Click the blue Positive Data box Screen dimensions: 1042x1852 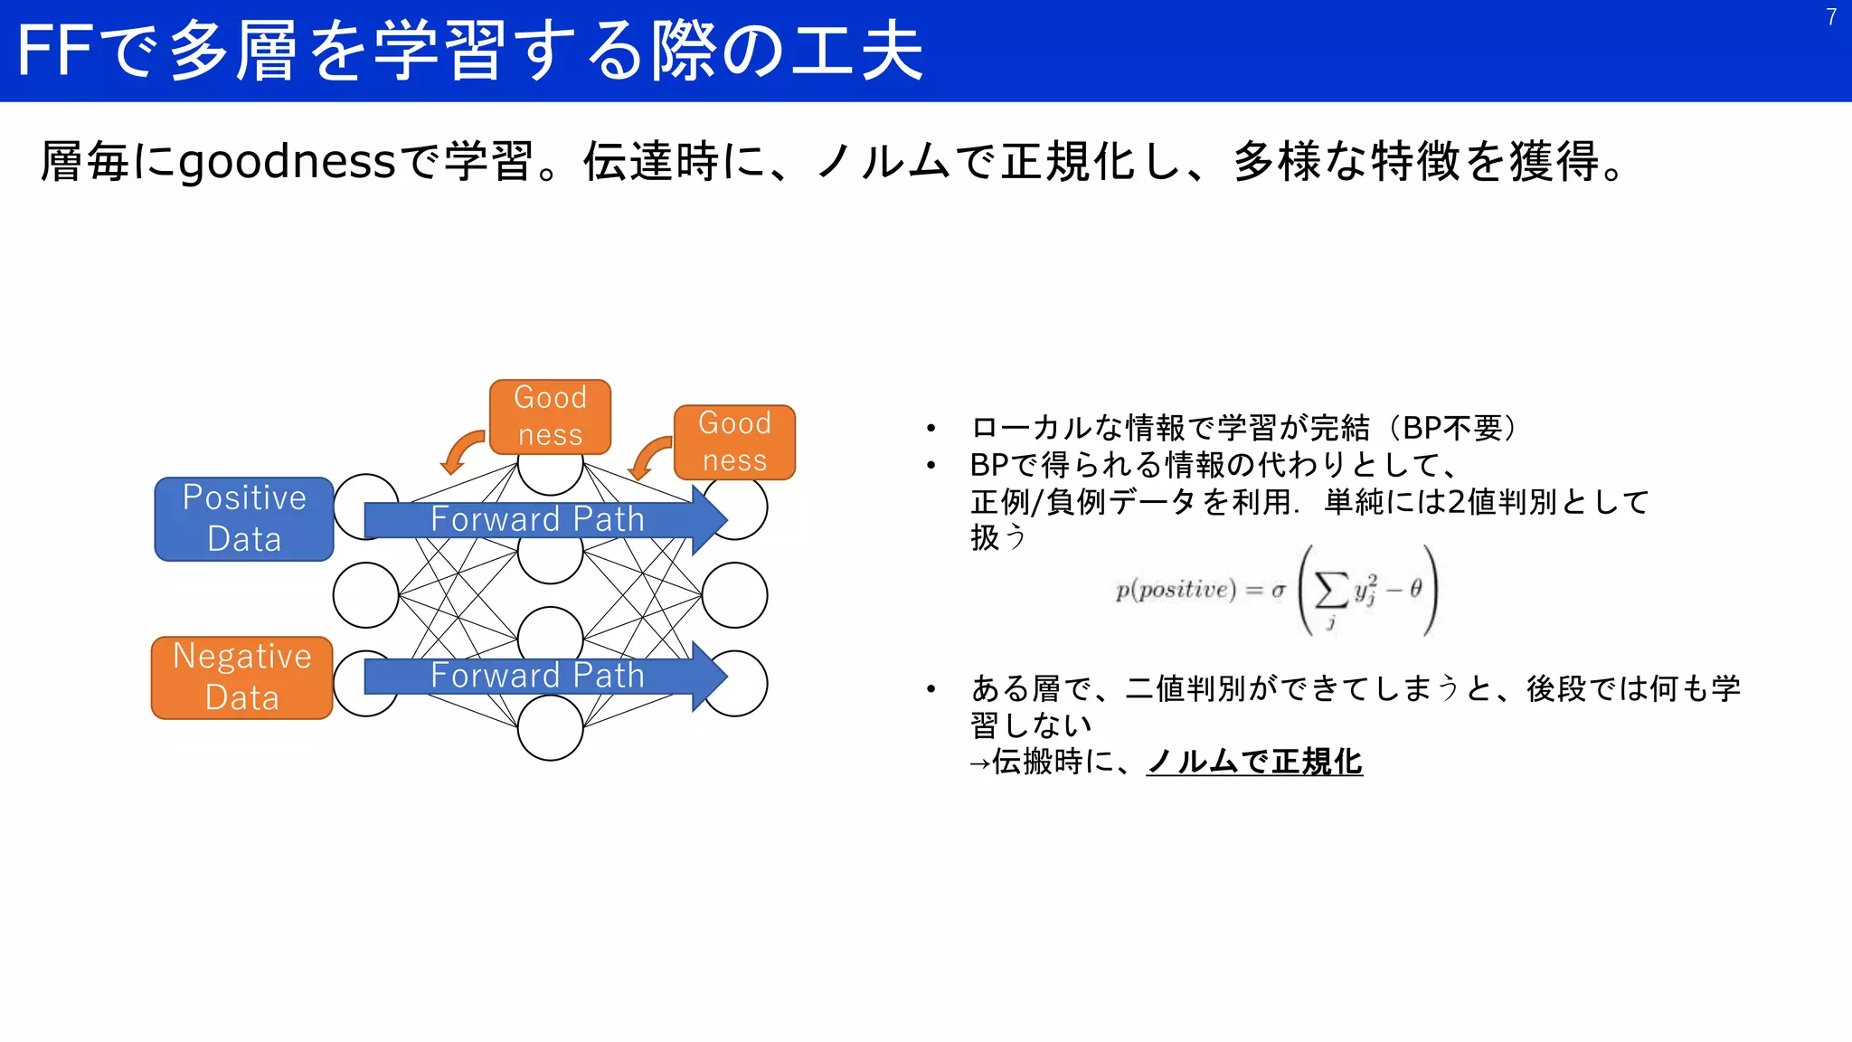(244, 518)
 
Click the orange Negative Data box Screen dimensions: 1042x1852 (242, 677)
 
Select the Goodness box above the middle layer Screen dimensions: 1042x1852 (550, 416)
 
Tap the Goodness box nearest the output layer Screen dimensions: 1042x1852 (734, 441)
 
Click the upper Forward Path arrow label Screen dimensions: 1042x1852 (537, 519)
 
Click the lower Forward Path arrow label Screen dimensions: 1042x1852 (537, 676)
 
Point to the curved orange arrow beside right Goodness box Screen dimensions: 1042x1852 (648, 458)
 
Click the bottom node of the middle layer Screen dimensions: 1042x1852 (550, 728)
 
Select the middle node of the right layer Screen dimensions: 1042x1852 (734, 595)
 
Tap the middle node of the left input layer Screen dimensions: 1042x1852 (365, 595)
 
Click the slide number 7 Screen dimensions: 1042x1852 (1831, 17)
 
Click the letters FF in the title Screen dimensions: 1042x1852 (53, 51)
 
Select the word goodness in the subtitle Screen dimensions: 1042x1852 (288, 162)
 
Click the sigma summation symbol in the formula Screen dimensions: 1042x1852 (1330, 591)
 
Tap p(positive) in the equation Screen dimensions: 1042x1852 (1175, 590)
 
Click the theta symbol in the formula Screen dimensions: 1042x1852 (1415, 589)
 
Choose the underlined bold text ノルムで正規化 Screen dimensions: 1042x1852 (1254, 762)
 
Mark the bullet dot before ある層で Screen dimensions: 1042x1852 (931, 689)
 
